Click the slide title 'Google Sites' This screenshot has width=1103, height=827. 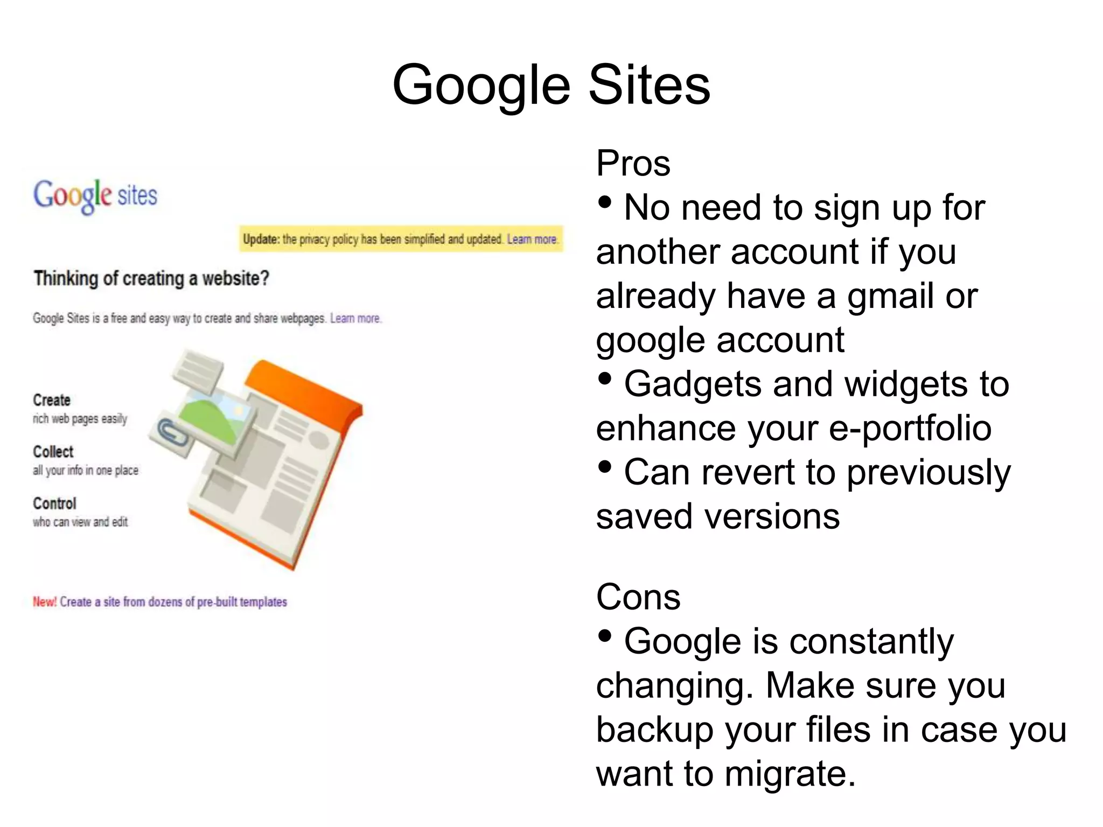click(551, 85)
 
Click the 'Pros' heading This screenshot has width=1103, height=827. click(633, 163)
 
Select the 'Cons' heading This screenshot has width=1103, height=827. click(638, 597)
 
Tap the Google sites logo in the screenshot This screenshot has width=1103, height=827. click(95, 195)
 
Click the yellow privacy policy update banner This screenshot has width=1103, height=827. click(401, 239)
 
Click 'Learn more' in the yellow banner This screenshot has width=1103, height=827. click(532, 239)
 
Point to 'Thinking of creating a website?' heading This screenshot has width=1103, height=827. click(151, 279)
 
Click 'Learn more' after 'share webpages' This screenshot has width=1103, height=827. click(355, 318)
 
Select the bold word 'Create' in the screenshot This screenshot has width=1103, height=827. click(52, 400)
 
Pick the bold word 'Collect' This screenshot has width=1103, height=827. click(53, 452)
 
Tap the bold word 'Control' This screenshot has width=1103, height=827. click(54, 503)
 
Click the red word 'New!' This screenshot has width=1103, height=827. click(45, 602)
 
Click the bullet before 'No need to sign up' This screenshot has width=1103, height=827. click(605, 202)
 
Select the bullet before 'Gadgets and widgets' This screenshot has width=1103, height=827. click(605, 379)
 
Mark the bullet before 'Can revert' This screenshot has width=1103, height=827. click(605, 467)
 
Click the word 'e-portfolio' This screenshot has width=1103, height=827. click(910, 429)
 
